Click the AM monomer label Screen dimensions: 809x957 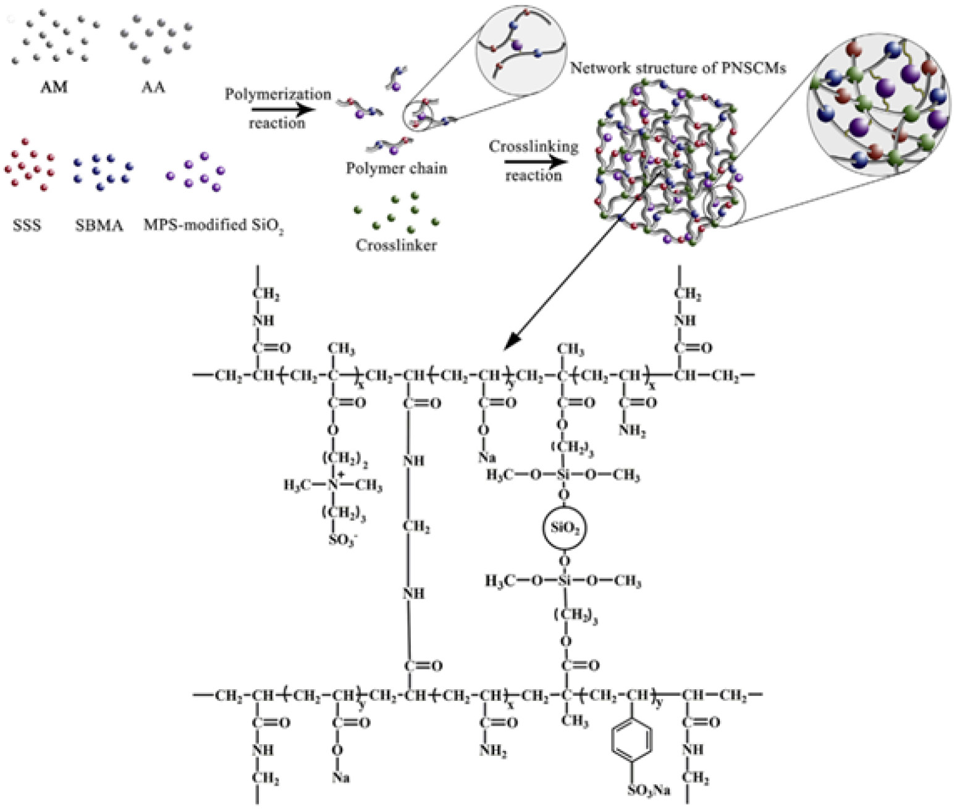[x=54, y=87]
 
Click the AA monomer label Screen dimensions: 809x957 [x=153, y=87]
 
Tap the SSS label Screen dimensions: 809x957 [x=27, y=225]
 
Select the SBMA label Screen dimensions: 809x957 [x=99, y=225]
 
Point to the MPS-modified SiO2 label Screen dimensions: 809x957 [x=213, y=225]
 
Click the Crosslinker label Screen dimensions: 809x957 [x=396, y=245]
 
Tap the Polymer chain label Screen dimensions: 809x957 [x=396, y=168]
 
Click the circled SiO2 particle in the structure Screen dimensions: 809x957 [x=563, y=528]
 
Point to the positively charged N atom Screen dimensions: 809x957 [x=333, y=485]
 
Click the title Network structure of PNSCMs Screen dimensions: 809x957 [x=677, y=67]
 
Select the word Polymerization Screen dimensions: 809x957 [x=278, y=94]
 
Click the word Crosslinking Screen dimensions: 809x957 [x=533, y=147]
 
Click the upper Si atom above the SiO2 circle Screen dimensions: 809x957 [x=563, y=475]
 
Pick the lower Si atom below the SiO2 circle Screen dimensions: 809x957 [x=563, y=581]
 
